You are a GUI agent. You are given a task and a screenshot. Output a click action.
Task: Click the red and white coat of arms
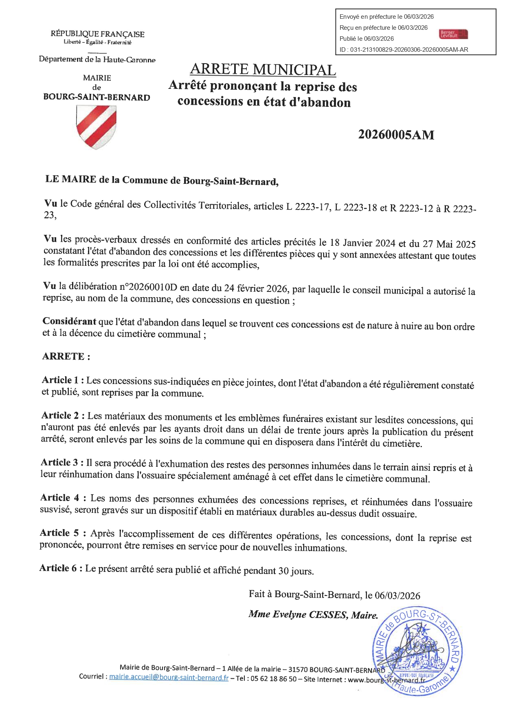coord(96,127)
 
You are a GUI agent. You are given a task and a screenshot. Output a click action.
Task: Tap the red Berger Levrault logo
coord(454,34)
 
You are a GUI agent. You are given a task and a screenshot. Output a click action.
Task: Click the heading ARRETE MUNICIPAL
coord(263,70)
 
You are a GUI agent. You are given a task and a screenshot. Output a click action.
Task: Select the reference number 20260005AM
coord(396,135)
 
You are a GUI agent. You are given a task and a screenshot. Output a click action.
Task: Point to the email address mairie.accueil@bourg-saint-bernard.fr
coord(169,677)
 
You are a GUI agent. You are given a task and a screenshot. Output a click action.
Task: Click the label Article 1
coord(63,380)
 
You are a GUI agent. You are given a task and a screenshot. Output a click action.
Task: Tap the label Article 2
coord(63,415)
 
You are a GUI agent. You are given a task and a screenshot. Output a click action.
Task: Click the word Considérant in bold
coord(69,321)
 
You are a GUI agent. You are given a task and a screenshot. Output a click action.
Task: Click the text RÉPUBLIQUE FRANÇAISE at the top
coord(97,34)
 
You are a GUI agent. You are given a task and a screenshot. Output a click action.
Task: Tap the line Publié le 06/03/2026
coord(367,39)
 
